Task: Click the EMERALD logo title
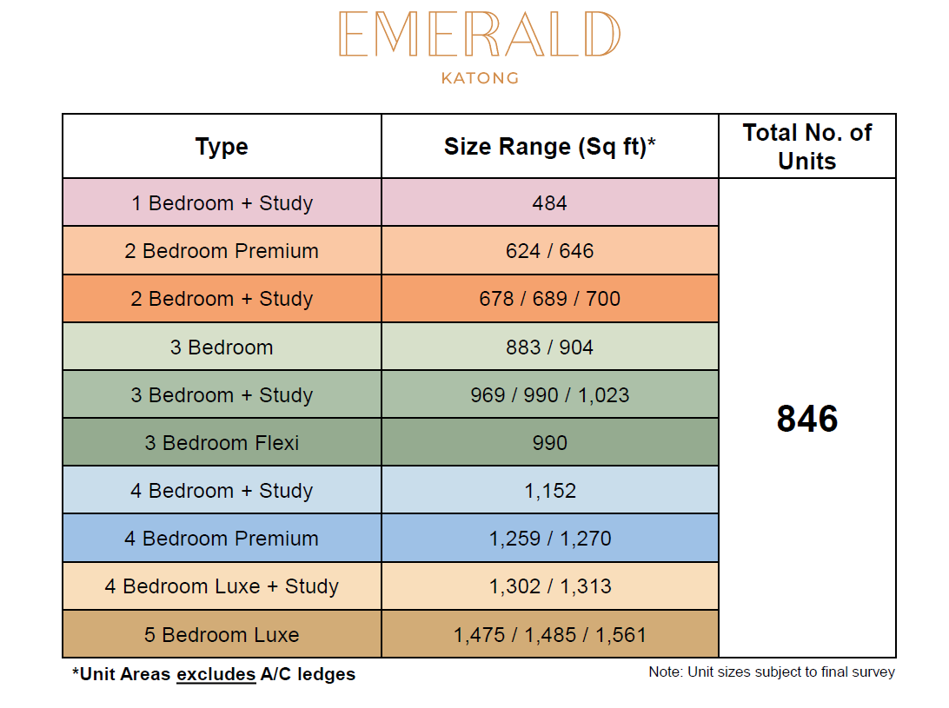coord(480,34)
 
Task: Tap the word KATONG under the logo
coord(480,78)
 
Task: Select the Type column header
coord(222,147)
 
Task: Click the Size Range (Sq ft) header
coord(549,147)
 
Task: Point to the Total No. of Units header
coord(807,147)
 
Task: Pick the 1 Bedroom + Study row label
coord(222,203)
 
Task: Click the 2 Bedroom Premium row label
coord(222,251)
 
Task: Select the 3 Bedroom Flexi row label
coord(222,443)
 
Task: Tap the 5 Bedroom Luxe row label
coord(222,635)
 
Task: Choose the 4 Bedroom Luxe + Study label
coord(222,586)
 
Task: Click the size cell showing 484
coord(549,203)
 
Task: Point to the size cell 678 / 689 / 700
coord(549,299)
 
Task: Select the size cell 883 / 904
coord(549,347)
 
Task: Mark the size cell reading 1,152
coord(549,491)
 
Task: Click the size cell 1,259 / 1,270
coord(549,539)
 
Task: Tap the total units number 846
coord(807,418)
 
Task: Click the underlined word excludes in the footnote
coord(216,674)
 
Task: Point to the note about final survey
coord(772,672)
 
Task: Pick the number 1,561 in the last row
coord(621,635)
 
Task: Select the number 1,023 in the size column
coord(603,396)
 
